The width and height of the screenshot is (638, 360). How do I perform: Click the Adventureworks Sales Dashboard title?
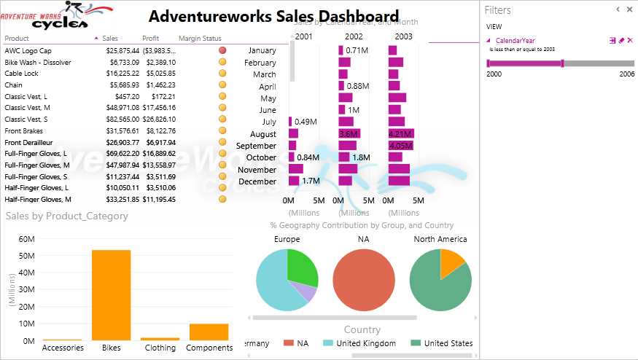[274, 16]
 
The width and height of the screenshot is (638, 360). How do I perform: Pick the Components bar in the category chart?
[209, 332]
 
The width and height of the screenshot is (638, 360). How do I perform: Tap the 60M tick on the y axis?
[26, 239]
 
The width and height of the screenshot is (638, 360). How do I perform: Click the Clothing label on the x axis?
[160, 348]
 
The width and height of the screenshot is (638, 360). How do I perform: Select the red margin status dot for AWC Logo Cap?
[222, 50]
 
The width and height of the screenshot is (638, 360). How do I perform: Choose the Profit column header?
[151, 38]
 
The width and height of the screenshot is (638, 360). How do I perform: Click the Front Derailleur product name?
[29, 142]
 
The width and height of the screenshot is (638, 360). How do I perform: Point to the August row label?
[262, 134]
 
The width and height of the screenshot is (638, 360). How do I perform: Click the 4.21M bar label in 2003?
[400, 134]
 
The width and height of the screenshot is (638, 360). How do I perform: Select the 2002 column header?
[354, 36]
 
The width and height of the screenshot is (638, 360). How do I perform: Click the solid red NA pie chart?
[364, 280]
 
